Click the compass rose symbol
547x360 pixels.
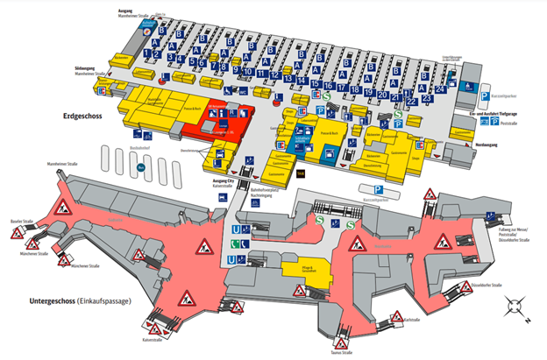515,306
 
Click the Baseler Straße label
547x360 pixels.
24,222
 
